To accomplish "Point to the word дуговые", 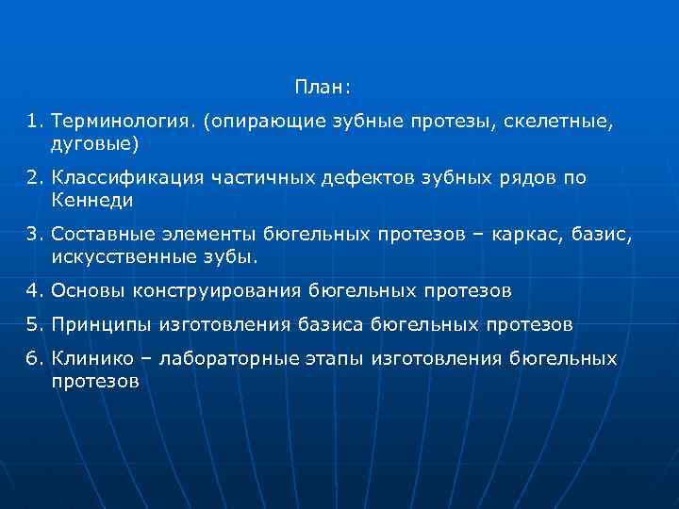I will pyautogui.click(x=94, y=143).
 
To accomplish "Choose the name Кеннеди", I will pyautogui.click(x=92, y=200).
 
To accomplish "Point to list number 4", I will pyautogui.click(x=34, y=290).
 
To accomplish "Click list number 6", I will pyautogui.click(x=34, y=359).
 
